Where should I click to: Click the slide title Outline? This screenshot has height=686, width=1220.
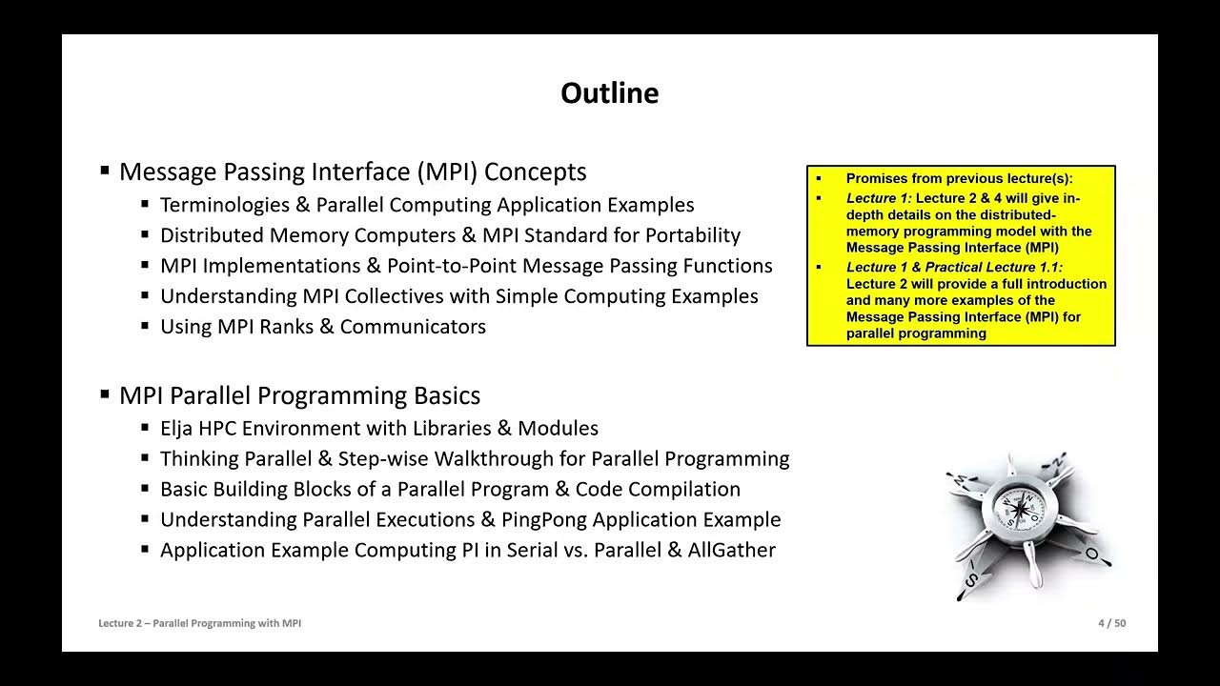click(x=609, y=93)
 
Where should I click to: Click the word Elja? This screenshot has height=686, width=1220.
click(x=178, y=429)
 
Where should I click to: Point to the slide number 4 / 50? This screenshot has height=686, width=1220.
click(x=1111, y=623)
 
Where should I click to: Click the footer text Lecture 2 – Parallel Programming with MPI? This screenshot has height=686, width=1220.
click(x=199, y=623)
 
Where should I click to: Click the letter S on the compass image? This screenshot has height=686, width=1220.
click(x=970, y=579)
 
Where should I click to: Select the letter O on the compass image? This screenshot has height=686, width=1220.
click(x=1092, y=554)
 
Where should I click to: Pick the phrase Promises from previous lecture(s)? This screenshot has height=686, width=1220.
click(x=959, y=178)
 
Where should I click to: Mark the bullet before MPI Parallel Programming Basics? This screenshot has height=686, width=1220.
click(x=105, y=395)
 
